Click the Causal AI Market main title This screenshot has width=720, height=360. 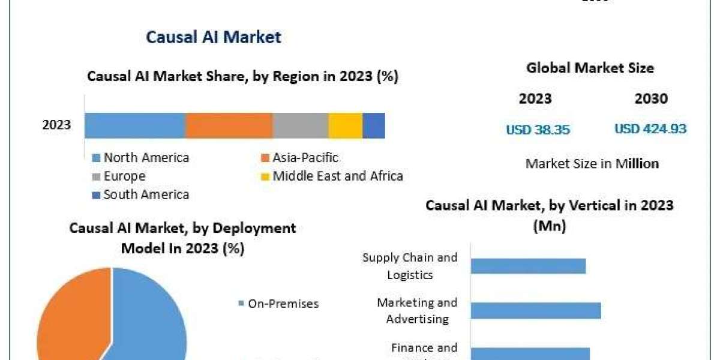tap(214, 37)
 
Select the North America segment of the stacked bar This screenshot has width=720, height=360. tap(135, 125)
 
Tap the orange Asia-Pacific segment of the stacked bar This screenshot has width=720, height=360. tap(229, 125)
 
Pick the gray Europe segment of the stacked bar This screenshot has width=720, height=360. tap(300, 125)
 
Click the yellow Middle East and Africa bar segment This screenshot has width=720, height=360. tap(345, 125)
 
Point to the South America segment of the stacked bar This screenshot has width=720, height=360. tap(374, 125)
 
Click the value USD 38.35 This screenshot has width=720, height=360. tap(538, 129)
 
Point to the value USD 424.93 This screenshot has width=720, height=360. tap(650, 129)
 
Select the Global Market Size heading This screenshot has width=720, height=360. tap(590, 68)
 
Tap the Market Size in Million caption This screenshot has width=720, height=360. tap(592, 163)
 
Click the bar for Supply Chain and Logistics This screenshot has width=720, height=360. tap(528, 266)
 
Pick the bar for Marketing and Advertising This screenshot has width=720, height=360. tap(536, 310)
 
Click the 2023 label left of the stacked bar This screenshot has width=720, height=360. tap(56, 125)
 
